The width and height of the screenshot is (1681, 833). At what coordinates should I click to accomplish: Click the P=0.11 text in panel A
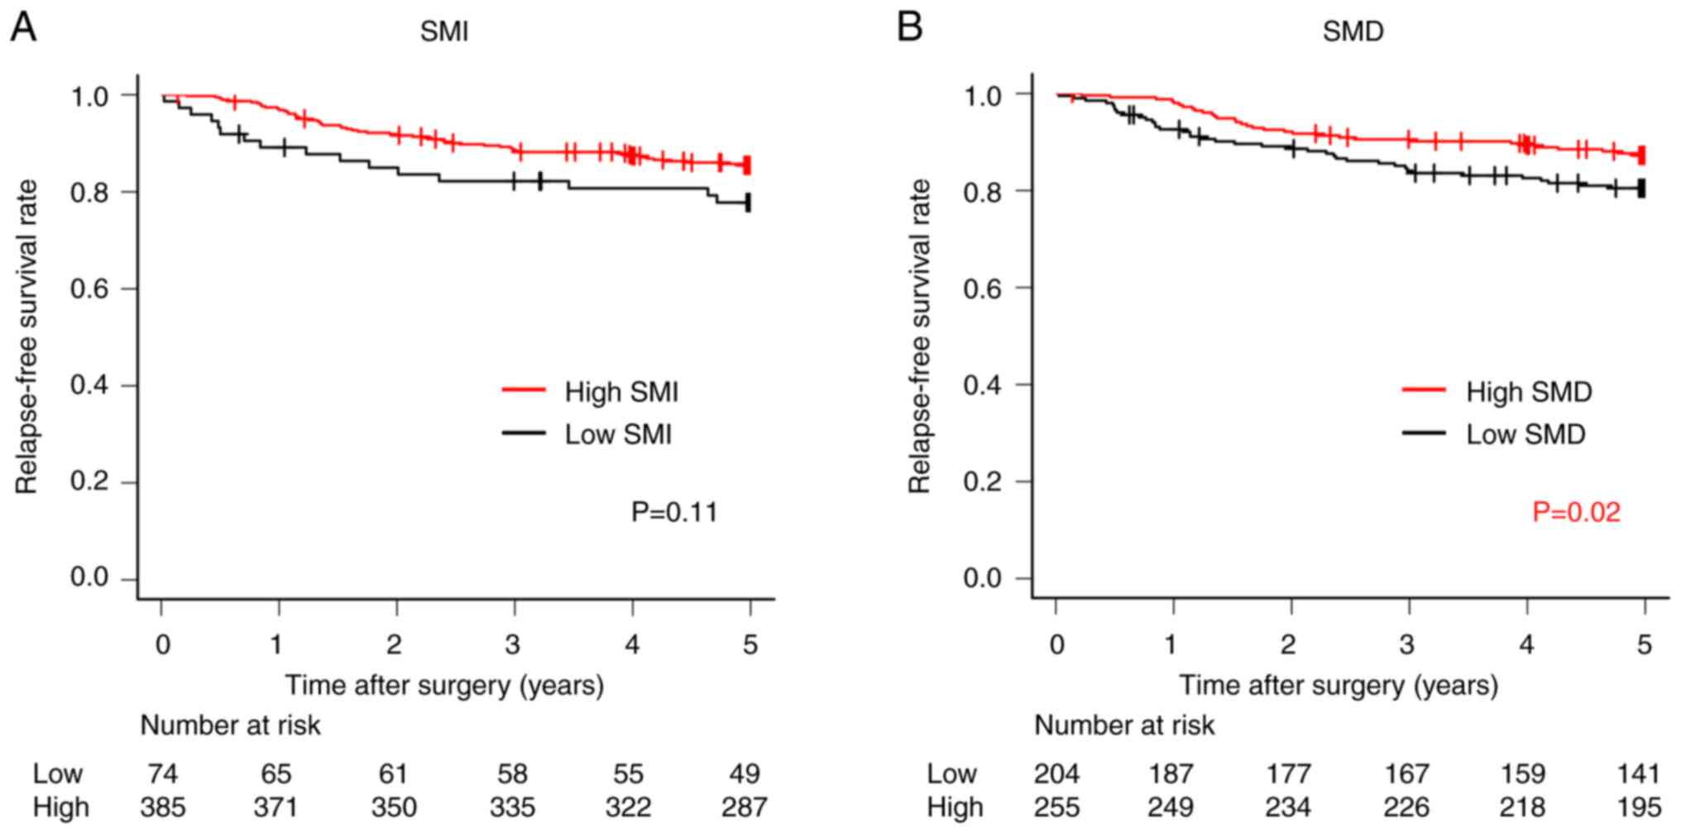674,512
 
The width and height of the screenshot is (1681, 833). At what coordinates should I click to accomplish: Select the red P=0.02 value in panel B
1576,512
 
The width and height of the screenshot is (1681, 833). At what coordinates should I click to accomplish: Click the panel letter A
23,27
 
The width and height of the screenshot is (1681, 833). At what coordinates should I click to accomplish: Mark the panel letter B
910,27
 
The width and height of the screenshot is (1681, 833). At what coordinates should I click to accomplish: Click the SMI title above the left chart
444,31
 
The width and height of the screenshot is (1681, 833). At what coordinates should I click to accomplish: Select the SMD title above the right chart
1353,31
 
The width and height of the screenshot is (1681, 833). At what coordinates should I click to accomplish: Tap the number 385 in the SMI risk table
163,807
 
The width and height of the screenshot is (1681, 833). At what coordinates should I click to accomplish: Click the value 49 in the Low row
745,773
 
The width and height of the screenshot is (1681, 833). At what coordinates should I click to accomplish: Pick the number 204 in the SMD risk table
1056,773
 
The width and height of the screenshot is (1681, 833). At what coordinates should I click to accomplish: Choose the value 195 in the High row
1638,807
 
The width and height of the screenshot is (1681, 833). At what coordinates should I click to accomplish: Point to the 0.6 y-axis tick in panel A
89,289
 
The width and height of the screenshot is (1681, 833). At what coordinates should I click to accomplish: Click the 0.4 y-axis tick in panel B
983,385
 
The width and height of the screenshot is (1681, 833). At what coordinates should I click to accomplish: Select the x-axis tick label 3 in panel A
513,644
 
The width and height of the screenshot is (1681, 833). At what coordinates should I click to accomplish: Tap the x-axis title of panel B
1338,685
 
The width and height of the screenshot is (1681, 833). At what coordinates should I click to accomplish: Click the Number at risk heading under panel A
230,725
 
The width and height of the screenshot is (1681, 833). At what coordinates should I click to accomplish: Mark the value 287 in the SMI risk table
745,807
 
